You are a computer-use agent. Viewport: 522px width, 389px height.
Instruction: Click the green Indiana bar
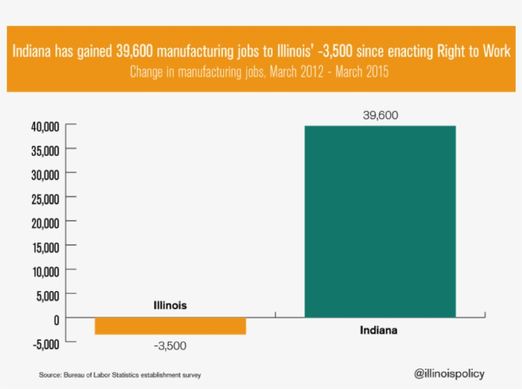coord(380,221)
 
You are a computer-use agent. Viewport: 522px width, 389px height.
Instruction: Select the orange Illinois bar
coord(170,325)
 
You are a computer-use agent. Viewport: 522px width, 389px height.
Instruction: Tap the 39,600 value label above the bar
coord(380,115)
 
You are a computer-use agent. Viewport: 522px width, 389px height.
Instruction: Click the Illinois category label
coord(170,306)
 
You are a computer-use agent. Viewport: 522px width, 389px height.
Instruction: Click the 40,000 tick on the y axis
coord(45,126)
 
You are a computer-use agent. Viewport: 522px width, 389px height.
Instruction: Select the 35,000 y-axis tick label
coord(45,150)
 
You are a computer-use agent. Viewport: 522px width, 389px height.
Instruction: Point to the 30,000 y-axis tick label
coord(45,174)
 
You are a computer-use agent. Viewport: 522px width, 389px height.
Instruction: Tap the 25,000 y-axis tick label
coord(45,198)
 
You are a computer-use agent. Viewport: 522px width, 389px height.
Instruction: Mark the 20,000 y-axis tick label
coord(45,222)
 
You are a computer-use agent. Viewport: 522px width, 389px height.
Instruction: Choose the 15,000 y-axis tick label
coord(45,247)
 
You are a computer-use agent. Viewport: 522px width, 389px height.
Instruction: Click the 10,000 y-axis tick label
coord(45,271)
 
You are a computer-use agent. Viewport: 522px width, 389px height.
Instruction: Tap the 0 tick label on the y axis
coord(56,319)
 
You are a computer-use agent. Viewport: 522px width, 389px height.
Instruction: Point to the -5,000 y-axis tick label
coord(46,343)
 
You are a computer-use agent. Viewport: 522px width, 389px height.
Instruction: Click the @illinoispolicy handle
coord(449,373)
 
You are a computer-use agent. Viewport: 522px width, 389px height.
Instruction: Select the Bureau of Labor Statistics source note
coord(123,375)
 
